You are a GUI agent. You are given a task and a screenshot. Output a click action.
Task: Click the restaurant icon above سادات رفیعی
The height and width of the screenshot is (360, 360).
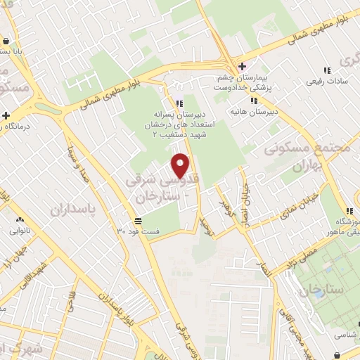pyautogui.click(x=326, y=70)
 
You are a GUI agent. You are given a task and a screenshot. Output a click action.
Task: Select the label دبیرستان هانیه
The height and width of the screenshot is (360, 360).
pyautogui.click(x=254, y=112)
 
